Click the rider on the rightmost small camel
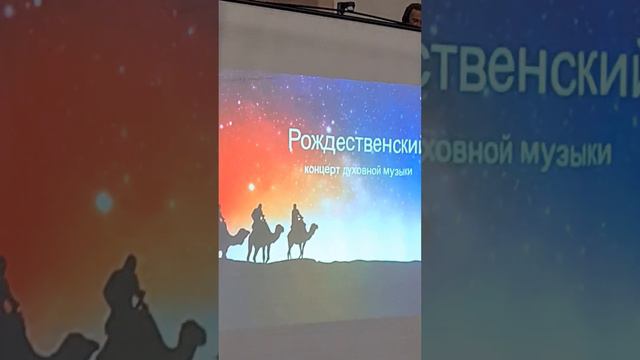[x=296, y=217]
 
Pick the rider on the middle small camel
[x=258, y=216]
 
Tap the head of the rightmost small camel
[x=314, y=229]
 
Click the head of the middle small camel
[x=279, y=229]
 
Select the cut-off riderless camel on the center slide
[x=232, y=238]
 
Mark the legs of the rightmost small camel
[x=298, y=250]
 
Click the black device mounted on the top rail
[x=346, y=8]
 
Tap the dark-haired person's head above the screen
[x=411, y=12]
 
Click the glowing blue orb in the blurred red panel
[x=104, y=202]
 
